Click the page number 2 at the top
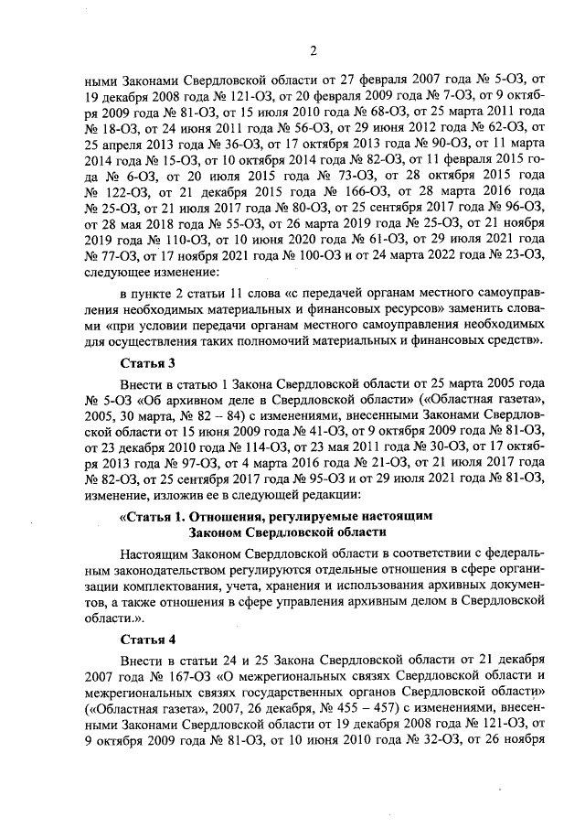click(x=313, y=50)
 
